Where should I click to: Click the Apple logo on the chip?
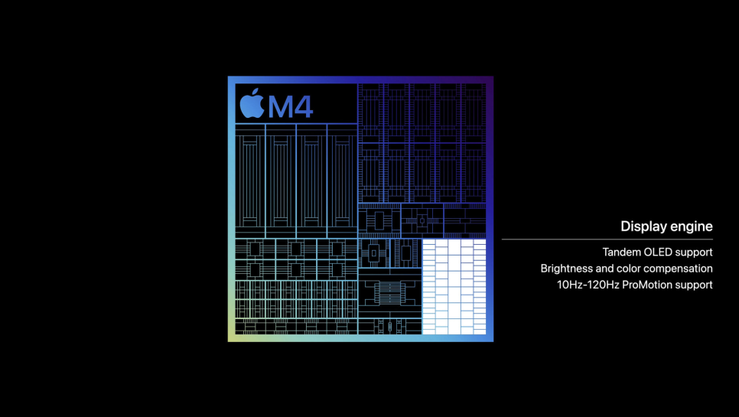point(252,104)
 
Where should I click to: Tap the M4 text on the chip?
point(291,107)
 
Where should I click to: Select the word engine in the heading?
point(689,227)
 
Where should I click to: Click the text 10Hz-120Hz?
point(588,285)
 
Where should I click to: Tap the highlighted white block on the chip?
point(454,286)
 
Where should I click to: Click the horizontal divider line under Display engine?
point(607,239)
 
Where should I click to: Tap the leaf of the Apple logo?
point(256,91)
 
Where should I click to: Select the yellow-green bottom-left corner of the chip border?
point(231,338)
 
